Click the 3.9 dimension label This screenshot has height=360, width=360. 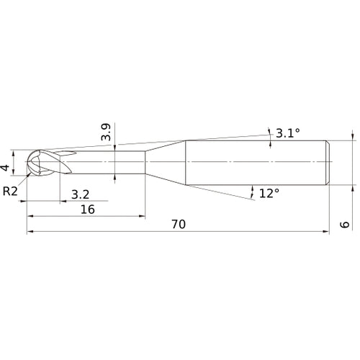[x=106, y=132]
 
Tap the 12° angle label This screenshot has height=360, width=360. [x=269, y=193]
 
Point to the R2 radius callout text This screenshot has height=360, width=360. [x=10, y=190]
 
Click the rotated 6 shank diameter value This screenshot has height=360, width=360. [x=346, y=225]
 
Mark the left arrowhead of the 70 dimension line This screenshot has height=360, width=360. [x=30, y=232]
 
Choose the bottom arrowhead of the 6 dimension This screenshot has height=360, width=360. [x=353, y=188]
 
